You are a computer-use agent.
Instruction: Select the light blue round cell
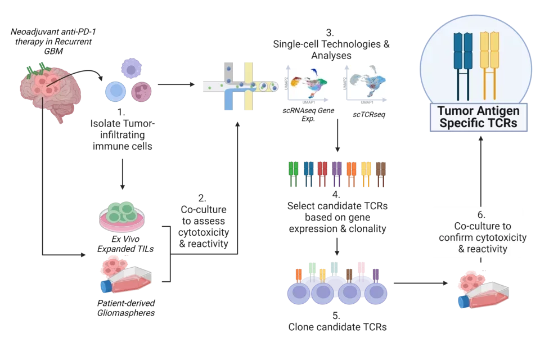[x=116, y=92]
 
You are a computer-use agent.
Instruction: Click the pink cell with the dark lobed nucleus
[x=141, y=92]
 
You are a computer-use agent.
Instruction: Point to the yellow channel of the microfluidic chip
[x=248, y=84]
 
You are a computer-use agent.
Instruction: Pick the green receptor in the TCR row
[x=293, y=174]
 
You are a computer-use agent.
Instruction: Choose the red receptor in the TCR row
[x=322, y=174]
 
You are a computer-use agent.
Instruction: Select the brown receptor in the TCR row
[x=381, y=174]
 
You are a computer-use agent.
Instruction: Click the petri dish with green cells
[x=121, y=217]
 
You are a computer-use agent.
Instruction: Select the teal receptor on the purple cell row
[x=335, y=267]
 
